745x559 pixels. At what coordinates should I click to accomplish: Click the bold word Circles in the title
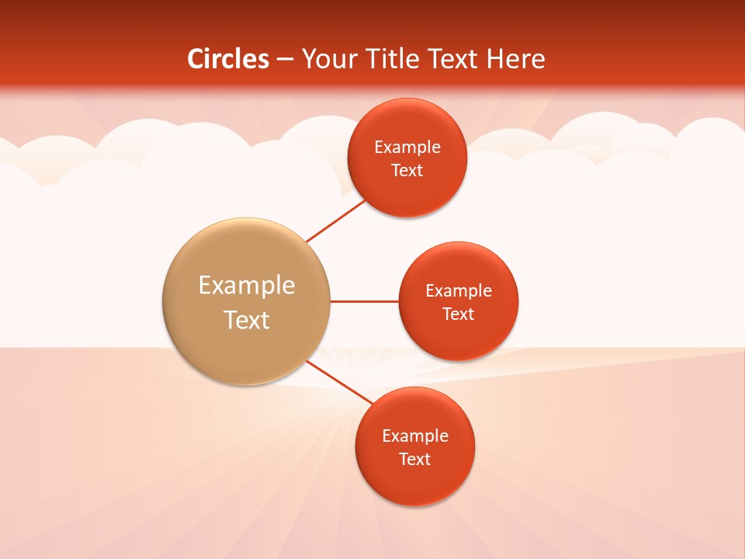(228, 59)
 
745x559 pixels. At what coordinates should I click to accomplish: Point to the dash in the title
(285, 60)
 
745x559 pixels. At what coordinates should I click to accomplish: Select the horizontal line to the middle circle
(364, 301)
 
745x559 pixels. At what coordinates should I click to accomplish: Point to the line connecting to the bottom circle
(339, 382)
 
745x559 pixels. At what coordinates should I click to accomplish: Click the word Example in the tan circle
(247, 285)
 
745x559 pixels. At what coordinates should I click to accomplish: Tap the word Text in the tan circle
(247, 320)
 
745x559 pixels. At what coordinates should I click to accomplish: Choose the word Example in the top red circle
(407, 148)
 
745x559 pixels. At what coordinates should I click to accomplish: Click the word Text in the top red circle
(407, 171)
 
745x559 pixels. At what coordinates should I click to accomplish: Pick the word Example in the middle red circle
(459, 291)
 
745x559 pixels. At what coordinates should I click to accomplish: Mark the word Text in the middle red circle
(459, 314)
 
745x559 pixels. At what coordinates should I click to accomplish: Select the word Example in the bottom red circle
(415, 436)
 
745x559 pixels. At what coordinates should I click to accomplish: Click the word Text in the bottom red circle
(415, 460)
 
